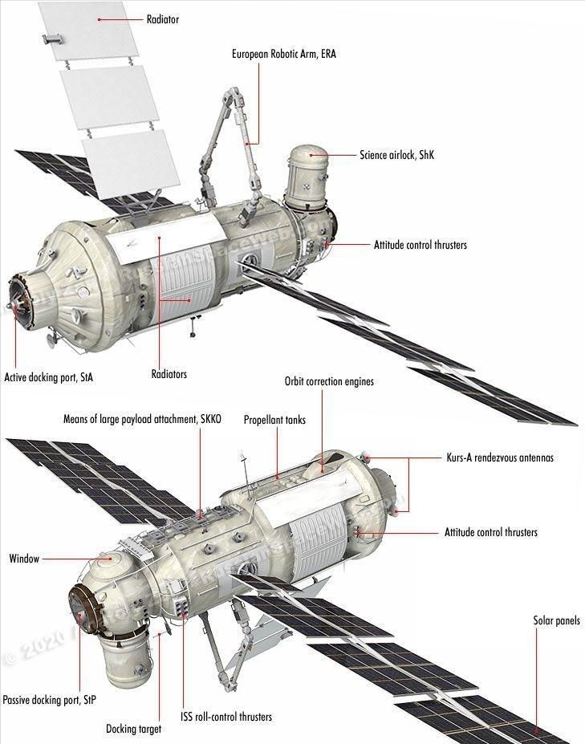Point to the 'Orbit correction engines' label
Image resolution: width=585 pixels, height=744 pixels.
329,382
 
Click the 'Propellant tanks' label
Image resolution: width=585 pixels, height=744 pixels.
274,420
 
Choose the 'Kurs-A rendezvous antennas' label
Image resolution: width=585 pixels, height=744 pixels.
499,458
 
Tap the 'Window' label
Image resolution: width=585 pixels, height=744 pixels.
24,559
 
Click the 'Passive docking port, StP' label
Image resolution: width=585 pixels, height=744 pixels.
49,700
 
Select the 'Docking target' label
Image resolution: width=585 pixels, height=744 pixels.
134,729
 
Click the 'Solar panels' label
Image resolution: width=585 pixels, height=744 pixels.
556,620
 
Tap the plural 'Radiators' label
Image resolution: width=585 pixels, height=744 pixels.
169,374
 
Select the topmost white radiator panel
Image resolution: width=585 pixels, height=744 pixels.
83,30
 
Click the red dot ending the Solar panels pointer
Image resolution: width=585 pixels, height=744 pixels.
536,730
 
